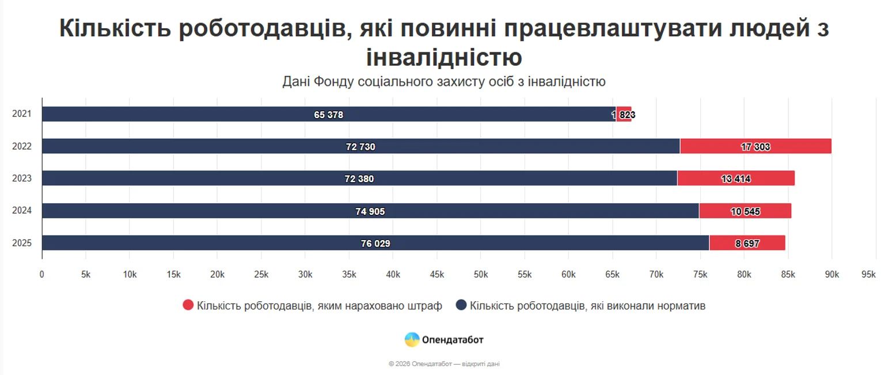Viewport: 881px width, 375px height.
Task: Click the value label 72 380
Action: coord(359,179)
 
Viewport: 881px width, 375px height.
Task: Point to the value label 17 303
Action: coord(755,147)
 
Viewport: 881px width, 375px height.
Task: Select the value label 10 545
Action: coord(745,211)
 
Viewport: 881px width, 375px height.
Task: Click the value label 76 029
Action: coord(375,244)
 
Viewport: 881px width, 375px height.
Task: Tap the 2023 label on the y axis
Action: coord(22,179)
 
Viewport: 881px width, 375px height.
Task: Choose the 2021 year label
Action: coord(22,114)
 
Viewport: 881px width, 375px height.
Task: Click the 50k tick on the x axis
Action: coord(481,275)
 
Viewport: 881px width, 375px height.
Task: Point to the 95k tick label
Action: coord(868,275)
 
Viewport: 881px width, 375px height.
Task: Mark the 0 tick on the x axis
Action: coord(42,275)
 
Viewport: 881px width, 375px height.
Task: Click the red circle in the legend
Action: coord(188,305)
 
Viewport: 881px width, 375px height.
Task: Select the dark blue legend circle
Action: coord(461,305)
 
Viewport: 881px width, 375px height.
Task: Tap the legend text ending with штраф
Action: coord(319,306)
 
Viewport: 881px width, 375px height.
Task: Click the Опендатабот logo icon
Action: coord(412,340)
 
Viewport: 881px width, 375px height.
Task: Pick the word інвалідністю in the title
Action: coord(444,58)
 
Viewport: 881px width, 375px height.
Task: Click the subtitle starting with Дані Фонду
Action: coord(443,82)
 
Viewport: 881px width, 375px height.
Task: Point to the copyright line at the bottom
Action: coord(448,364)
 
